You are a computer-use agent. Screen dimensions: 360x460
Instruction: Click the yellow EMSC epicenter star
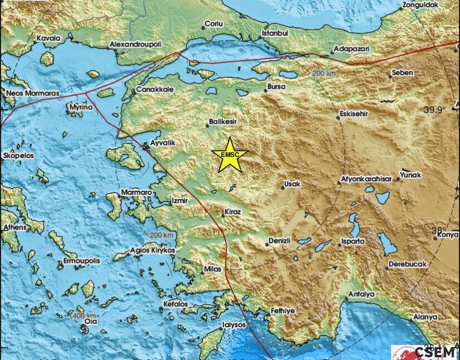pos(229,155)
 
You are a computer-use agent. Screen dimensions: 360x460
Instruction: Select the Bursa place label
pos(277,87)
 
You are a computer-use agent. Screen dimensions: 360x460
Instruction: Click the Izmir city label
pos(179,199)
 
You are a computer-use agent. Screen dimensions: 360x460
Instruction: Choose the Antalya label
pos(361,294)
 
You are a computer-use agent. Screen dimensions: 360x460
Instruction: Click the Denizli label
pos(279,241)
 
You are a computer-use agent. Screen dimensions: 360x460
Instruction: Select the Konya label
pos(448,234)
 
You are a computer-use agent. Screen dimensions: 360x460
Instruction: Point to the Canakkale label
pos(156,89)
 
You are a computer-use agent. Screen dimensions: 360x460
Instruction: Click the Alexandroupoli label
pos(135,43)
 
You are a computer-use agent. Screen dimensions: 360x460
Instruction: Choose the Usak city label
pos(293,183)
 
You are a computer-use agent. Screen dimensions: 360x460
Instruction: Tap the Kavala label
pos(48,39)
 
